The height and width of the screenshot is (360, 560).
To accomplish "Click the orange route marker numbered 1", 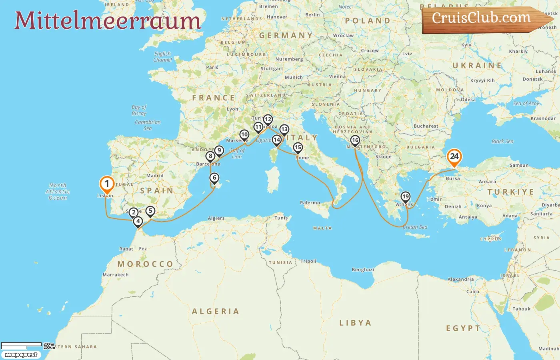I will [107, 184].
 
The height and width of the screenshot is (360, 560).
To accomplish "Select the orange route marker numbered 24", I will [454, 157].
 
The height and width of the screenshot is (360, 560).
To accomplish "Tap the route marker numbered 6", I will [214, 178].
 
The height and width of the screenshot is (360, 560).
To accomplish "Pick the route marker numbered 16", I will [355, 140].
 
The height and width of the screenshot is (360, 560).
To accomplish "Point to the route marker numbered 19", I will [406, 196].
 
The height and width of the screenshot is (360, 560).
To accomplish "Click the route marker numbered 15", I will [298, 148].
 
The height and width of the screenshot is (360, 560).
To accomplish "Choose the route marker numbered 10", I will [244, 135].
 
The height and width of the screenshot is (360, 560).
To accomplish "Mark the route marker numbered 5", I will [150, 211].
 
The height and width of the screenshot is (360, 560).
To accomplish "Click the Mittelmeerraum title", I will [108, 20].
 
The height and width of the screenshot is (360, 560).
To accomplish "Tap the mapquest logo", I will [21, 355].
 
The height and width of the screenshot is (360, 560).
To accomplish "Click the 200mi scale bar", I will [22, 344].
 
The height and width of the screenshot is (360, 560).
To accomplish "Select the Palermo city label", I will [310, 203].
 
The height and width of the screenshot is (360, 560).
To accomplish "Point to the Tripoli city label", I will [308, 261].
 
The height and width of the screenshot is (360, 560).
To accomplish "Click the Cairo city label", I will [473, 292].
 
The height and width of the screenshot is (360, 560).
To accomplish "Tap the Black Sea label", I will [502, 141].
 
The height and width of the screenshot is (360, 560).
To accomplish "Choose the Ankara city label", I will [487, 182].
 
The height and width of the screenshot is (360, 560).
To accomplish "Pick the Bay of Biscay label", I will [139, 110].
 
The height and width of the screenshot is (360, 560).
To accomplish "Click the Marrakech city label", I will [116, 275].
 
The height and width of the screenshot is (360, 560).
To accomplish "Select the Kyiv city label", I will [466, 45].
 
